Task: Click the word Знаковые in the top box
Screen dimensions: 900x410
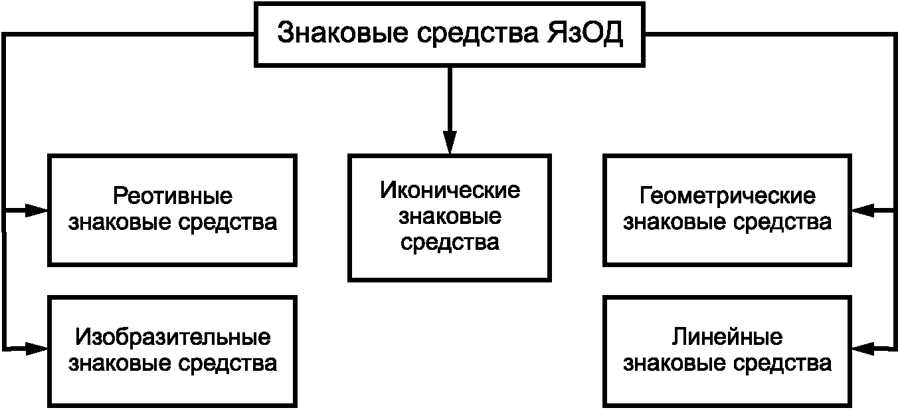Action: pos(343,33)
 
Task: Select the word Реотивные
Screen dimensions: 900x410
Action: pos(173,196)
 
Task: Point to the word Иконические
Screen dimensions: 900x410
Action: pos(450,190)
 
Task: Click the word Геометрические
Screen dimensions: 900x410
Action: pos(727,196)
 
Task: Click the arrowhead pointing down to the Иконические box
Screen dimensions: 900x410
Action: pos(450,142)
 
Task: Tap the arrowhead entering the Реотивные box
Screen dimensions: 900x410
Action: pos(37,210)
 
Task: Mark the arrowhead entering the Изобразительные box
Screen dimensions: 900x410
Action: pos(37,348)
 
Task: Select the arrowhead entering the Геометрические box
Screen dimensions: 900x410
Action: pos(863,210)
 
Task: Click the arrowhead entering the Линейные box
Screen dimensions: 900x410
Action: pos(863,348)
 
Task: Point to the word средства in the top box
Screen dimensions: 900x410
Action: pos(478,34)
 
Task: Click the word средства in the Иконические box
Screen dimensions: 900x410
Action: pos(450,243)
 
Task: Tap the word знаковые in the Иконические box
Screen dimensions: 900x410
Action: pos(450,216)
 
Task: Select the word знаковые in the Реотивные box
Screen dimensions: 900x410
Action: pos(120,223)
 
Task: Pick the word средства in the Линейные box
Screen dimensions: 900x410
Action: pos(782,363)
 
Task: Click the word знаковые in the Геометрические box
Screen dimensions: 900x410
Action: pos(675,223)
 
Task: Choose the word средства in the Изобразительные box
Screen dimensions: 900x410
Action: pos(227,363)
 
